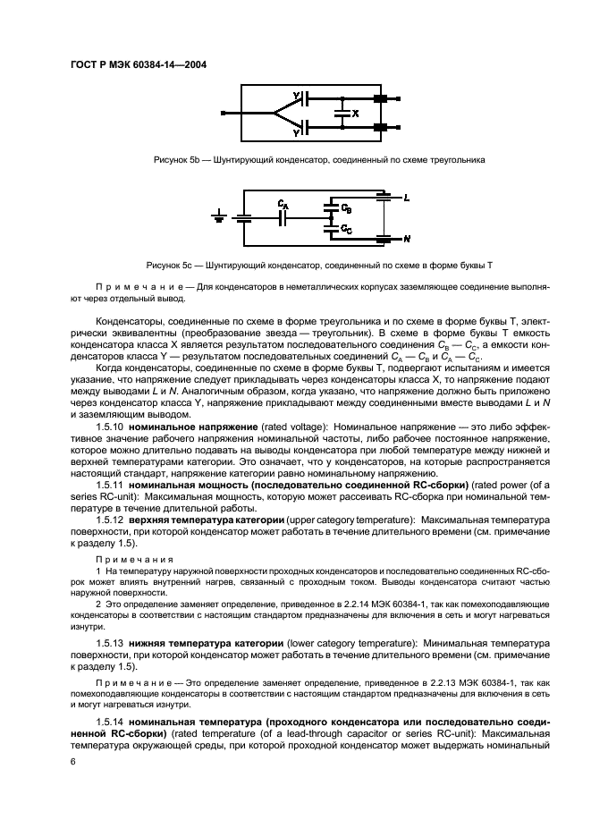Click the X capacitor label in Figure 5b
coord(356,114)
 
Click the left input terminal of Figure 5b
coord(223,114)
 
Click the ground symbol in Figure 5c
coord(219,216)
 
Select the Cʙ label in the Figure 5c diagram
coord(346,207)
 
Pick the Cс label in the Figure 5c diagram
coord(346,229)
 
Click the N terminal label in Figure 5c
coord(407,239)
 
